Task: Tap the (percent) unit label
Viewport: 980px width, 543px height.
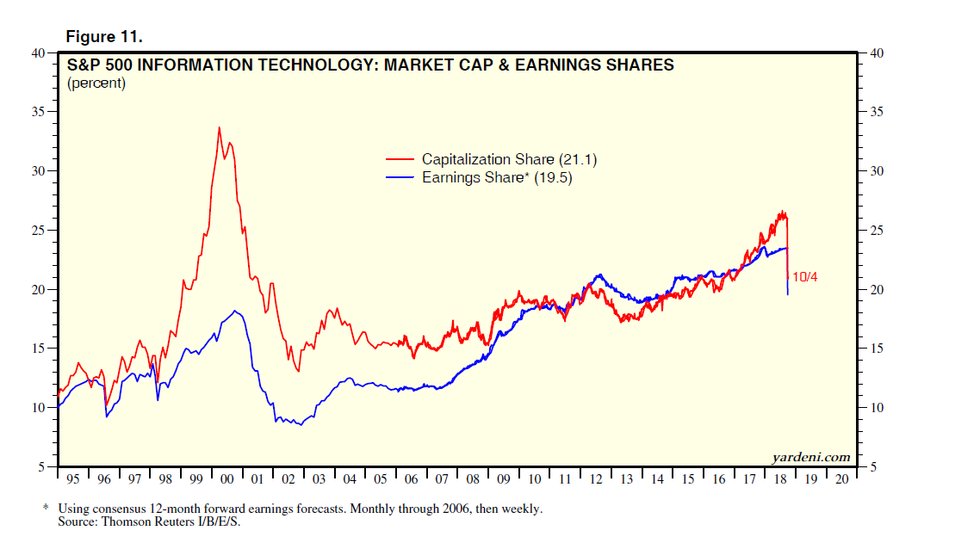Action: click(x=96, y=83)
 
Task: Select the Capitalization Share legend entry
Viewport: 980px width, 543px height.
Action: click(x=487, y=159)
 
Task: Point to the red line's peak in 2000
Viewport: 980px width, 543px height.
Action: click(x=219, y=127)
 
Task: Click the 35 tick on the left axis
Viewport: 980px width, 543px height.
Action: click(x=38, y=112)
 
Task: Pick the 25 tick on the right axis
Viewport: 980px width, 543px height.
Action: click(x=877, y=230)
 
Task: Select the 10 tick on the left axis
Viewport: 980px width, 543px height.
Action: click(x=38, y=407)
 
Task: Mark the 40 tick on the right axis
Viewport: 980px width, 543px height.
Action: click(x=877, y=53)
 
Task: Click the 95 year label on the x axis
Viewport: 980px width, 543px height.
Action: click(x=72, y=478)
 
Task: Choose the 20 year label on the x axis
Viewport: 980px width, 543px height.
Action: click(x=840, y=478)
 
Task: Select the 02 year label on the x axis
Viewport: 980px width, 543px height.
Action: click(x=288, y=478)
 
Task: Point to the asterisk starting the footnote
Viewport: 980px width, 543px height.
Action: click(x=46, y=509)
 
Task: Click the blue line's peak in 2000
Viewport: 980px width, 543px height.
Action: click(x=234, y=311)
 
